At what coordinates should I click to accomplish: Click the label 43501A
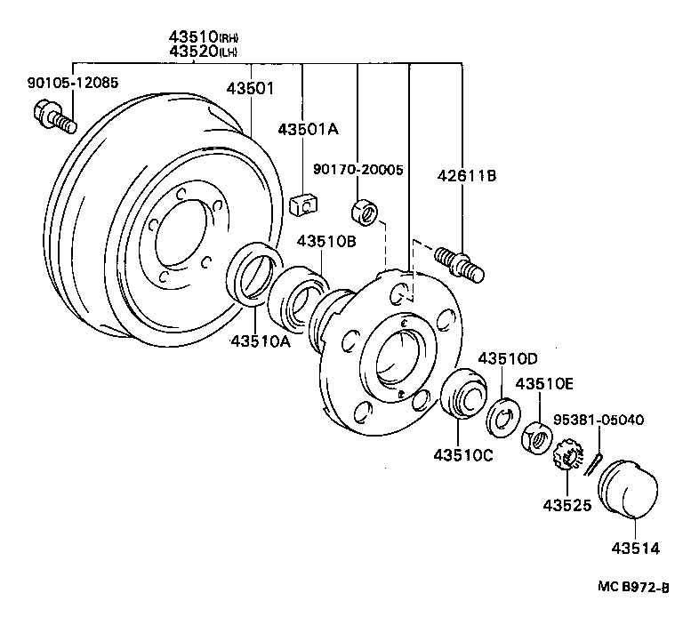(308, 129)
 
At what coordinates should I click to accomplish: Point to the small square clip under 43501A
(304, 205)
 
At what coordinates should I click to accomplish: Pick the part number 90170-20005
(358, 169)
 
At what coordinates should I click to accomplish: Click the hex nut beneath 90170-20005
(362, 212)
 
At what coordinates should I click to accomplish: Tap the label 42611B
(465, 176)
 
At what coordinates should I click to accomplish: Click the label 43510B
(326, 241)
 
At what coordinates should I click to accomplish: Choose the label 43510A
(261, 340)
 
